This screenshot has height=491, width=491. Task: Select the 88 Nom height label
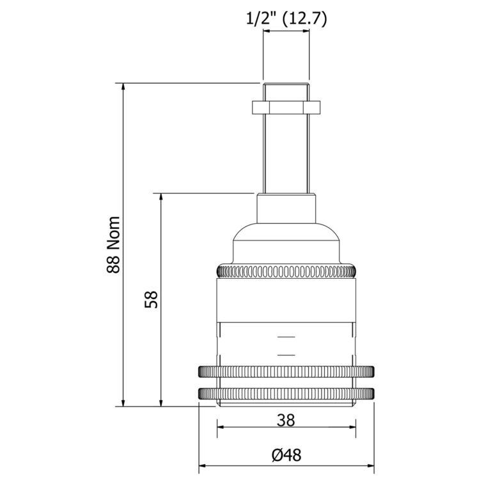coord(113,245)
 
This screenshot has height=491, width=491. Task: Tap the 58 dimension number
coord(151,299)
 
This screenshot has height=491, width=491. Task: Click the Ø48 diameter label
coord(286,455)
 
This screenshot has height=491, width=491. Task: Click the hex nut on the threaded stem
coord(286,106)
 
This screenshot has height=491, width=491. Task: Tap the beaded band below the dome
coord(286,272)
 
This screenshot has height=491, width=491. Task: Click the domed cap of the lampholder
coord(286,243)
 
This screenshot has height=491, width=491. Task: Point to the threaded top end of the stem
coord(286,91)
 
